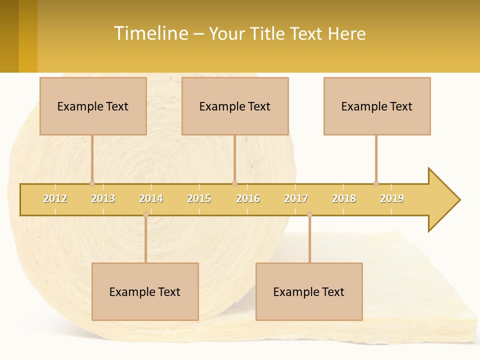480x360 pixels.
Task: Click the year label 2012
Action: [55, 198]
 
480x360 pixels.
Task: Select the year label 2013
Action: [103, 198]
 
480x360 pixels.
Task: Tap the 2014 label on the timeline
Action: [151, 198]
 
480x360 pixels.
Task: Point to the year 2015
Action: [199, 198]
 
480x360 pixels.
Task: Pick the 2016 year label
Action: [248, 198]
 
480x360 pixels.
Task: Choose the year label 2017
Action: [296, 198]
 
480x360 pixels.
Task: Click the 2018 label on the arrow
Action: [344, 198]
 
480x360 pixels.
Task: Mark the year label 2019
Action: [392, 198]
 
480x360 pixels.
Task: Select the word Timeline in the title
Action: [150, 33]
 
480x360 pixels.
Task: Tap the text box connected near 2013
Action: [93, 106]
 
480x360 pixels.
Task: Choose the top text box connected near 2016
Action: [235, 106]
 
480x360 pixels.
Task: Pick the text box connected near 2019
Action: [377, 106]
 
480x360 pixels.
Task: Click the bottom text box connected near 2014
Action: [145, 291]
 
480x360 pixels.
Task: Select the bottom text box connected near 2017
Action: [309, 291]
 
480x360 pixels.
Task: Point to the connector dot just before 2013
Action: [92, 183]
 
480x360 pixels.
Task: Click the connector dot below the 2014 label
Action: [145, 215]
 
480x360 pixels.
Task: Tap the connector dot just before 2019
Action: [376, 183]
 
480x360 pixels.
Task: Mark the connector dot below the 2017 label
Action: [309, 215]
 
